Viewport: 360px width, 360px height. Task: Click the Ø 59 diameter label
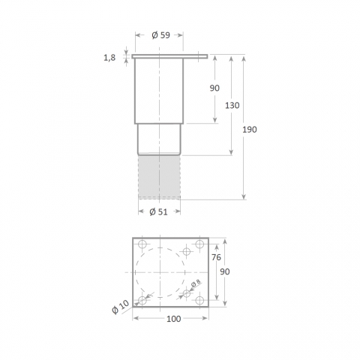[160, 35]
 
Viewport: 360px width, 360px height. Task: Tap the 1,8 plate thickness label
[109, 58]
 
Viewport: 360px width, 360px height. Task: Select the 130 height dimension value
[232, 106]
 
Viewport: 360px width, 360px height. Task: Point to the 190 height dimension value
[250, 130]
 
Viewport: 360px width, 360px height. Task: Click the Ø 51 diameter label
[158, 212]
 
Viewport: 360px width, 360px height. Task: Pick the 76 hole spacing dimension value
[216, 257]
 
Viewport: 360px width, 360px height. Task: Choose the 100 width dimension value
[174, 319]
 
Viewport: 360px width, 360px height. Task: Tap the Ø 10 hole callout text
[121, 307]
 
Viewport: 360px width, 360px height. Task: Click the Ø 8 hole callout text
[196, 283]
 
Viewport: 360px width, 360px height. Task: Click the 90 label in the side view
[214, 88]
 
